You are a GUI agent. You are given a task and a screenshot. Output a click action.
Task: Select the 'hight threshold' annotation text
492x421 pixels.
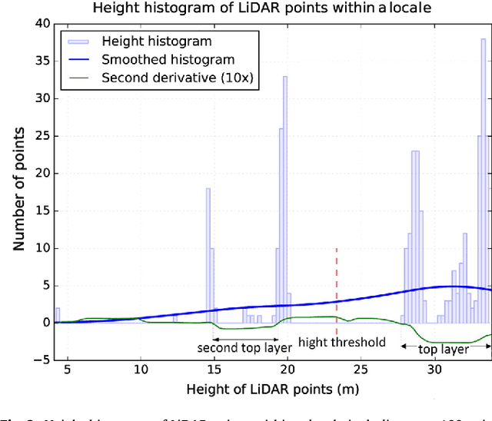[x=341, y=343]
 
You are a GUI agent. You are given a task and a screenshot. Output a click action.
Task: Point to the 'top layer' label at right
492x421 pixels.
[x=444, y=349]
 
